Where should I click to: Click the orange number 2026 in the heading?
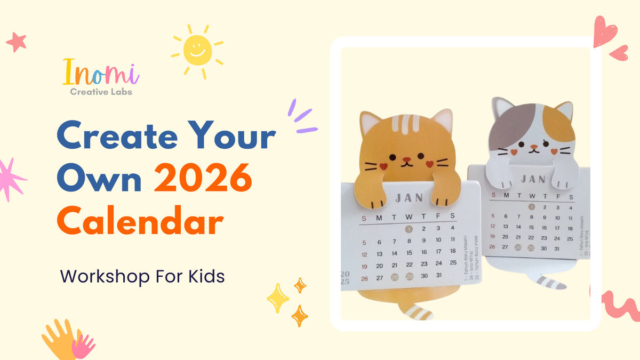(x=203, y=179)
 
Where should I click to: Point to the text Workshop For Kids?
(x=142, y=276)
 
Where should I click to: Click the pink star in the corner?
(x=15, y=40)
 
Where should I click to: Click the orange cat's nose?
(x=406, y=159)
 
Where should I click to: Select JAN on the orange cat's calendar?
(x=410, y=198)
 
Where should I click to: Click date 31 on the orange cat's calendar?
(x=439, y=276)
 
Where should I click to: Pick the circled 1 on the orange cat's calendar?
(x=409, y=229)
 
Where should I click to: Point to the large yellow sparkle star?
(x=278, y=299)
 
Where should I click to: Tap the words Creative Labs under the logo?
(x=101, y=92)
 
